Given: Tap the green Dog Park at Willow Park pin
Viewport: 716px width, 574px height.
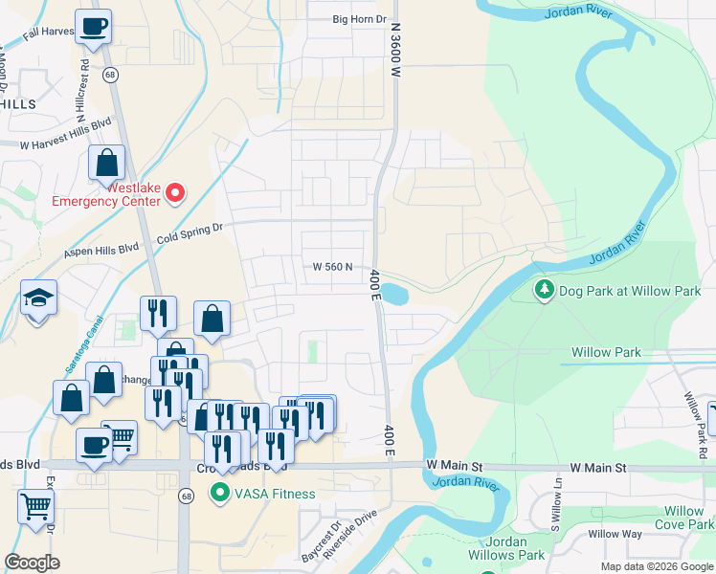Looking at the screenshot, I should click(545, 290).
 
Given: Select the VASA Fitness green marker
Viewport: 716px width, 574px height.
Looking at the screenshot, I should click(220, 494).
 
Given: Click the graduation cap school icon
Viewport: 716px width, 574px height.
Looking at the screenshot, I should click(38, 299).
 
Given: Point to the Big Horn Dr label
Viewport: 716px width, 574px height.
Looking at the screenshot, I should click(359, 19).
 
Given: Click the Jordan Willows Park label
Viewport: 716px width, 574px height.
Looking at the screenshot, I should click(506, 548).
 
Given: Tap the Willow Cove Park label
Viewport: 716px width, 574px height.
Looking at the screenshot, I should click(683, 518).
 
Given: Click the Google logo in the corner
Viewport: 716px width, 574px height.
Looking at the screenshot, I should click(33, 563).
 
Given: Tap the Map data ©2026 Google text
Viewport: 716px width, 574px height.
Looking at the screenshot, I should click(658, 566).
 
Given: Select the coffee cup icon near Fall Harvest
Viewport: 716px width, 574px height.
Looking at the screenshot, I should click(93, 27).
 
